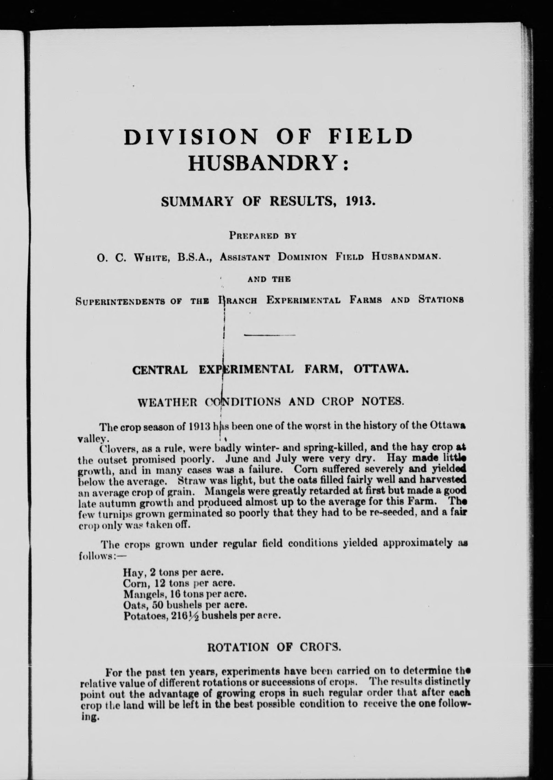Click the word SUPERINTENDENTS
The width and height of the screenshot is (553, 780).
127,301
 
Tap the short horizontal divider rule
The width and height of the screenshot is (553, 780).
270,336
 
